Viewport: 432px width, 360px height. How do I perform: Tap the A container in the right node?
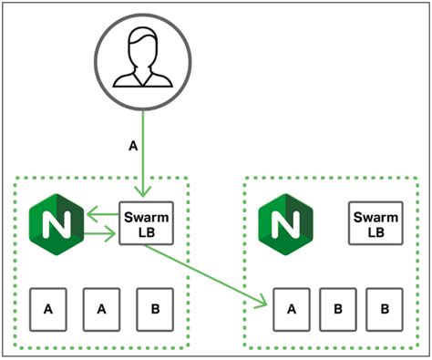292,308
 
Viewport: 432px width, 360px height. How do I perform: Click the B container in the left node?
155,308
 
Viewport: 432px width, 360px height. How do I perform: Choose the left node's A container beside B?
102,308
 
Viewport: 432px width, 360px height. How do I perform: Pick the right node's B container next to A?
337,308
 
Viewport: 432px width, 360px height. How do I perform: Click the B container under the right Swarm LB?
384,308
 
